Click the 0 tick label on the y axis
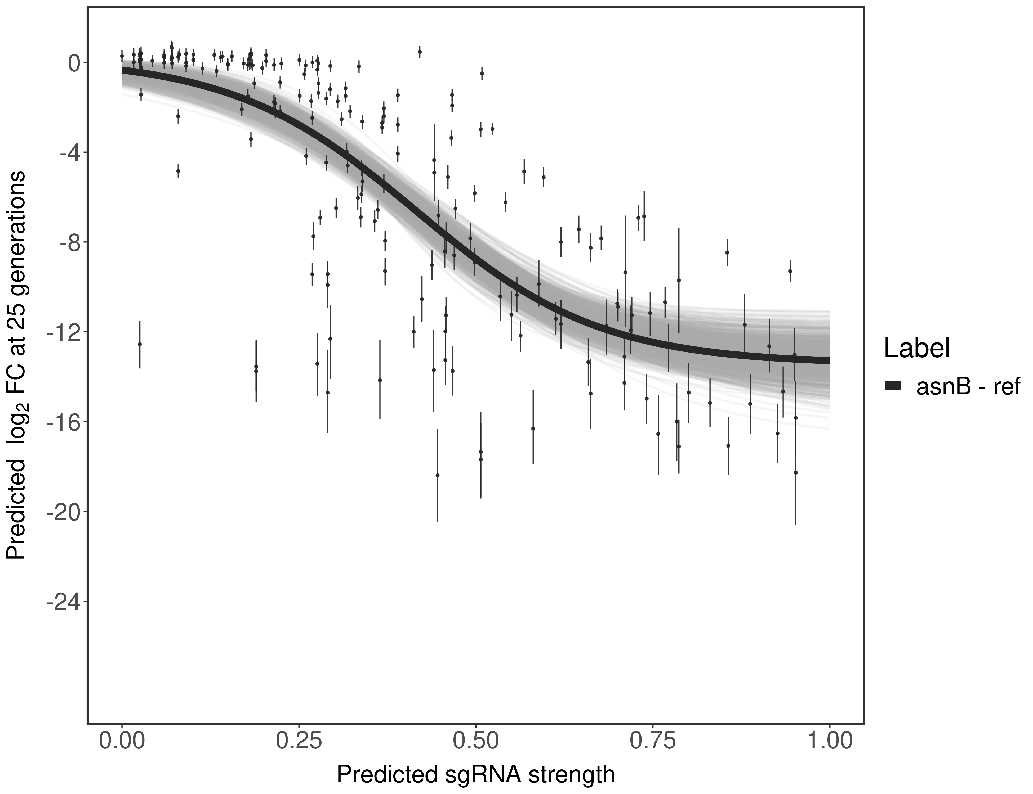tap(74, 63)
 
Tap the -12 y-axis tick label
tap(61, 332)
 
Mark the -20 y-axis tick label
tap(61, 512)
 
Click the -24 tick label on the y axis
tap(61, 602)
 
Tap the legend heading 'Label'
tap(917, 348)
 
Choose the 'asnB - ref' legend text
tap(968, 386)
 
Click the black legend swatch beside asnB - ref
tap(893, 386)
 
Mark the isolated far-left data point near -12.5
tap(140, 344)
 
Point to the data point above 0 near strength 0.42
tap(420, 52)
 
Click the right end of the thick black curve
tap(828, 360)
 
